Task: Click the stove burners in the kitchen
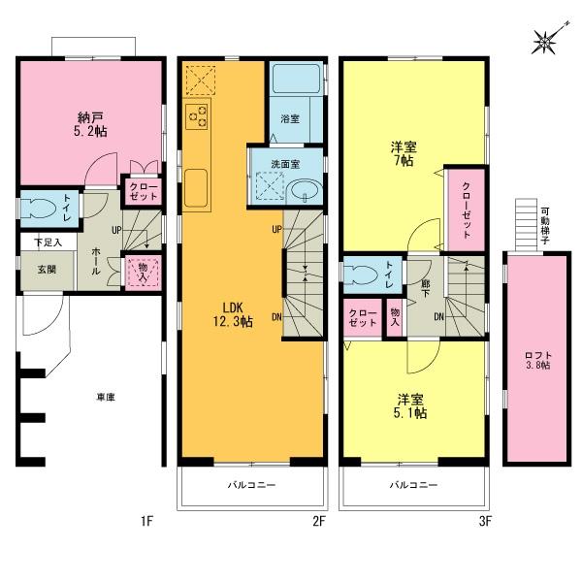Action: (x=197, y=115)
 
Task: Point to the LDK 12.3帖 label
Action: (x=233, y=313)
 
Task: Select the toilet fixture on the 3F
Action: (x=364, y=273)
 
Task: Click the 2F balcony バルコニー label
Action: (x=250, y=484)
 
